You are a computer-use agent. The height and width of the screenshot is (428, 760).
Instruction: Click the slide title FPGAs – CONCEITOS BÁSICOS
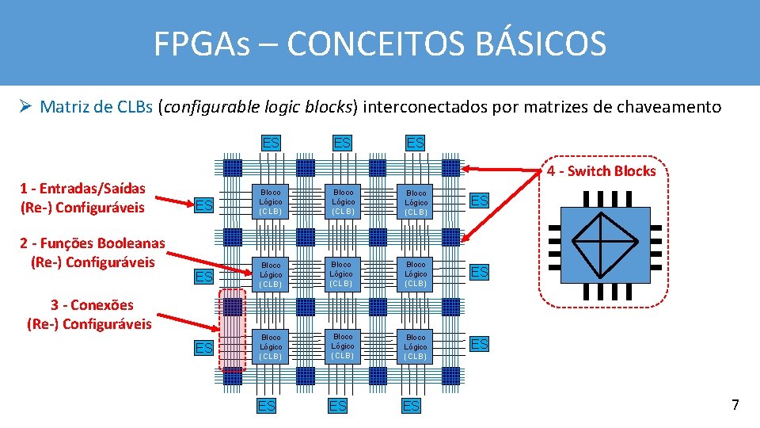[380, 44]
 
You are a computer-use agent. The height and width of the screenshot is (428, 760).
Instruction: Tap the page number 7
[735, 405]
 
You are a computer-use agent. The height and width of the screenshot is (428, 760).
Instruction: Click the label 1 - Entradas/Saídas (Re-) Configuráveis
[82, 198]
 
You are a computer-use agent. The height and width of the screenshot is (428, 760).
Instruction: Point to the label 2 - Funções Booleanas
[93, 243]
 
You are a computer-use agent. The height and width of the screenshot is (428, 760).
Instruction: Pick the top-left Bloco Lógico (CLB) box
[271, 202]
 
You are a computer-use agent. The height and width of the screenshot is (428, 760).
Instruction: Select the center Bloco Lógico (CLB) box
[343, 273]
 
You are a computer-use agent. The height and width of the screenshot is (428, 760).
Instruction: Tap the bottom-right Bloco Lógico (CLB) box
[416, 346]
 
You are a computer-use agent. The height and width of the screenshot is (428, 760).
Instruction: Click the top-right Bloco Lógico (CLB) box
[416, 202]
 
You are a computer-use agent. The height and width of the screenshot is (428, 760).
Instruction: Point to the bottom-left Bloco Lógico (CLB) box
[271, 346]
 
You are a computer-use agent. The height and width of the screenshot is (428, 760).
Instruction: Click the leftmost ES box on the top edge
[271, 143]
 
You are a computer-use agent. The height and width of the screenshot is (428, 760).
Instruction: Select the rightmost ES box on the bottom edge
[411, 406]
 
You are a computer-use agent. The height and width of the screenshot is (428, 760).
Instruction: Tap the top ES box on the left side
[203, 205]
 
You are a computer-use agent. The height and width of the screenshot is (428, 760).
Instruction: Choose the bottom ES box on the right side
[480, 344]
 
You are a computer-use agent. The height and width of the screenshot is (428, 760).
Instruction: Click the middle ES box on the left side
[203, 277]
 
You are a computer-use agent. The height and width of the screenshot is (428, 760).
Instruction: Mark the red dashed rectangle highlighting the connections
[233, 330]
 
